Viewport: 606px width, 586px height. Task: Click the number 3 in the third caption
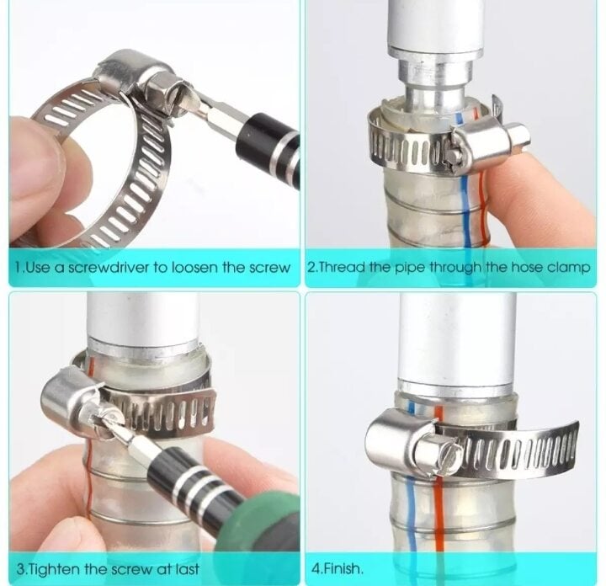[x=21, y=569]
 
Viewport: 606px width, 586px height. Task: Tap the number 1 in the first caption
[x=19, y=268]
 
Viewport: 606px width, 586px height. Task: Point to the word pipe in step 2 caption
[x=411, y=268]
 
